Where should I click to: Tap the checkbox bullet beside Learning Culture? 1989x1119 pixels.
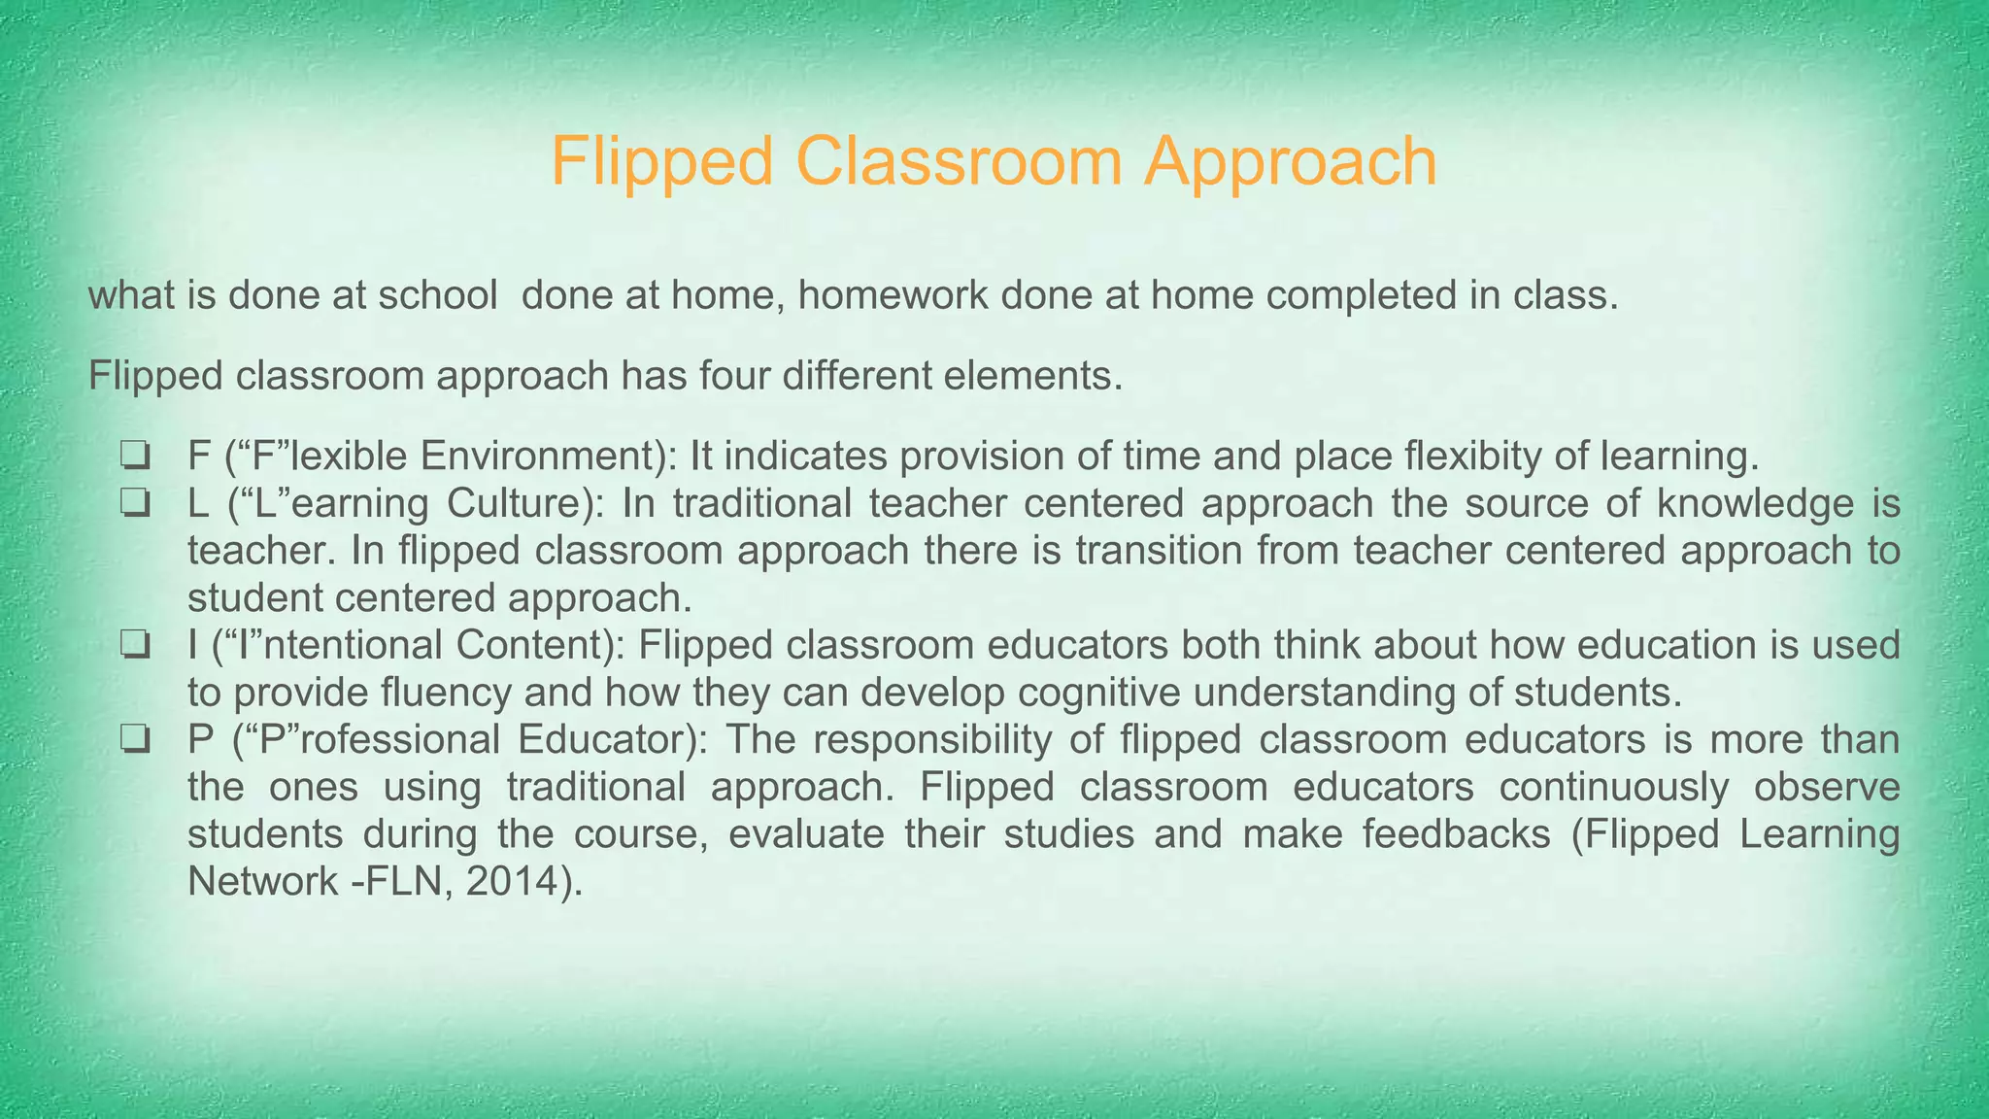click(x=135, y=503)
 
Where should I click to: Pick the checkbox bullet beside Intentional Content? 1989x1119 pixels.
click(x=135, y=645)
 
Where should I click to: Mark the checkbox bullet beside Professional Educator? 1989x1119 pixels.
click(x=135, y=740)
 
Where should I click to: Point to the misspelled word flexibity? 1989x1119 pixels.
click(x=1436, y=456)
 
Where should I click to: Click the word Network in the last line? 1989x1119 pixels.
click(x=262, y=881)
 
